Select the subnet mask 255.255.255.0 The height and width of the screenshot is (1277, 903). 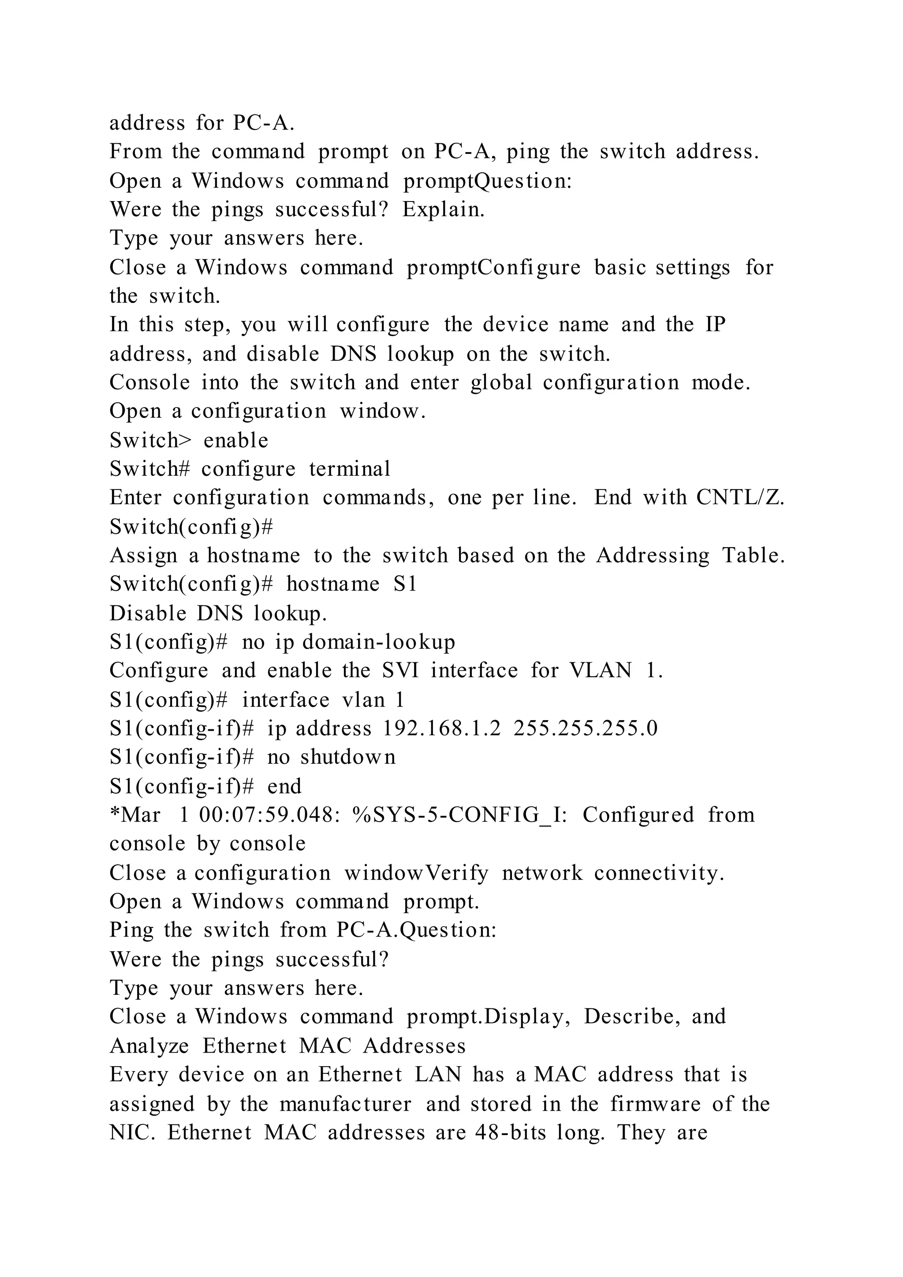(586, 728)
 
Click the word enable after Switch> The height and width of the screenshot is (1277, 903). (236, 440)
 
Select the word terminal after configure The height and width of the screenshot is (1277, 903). (350, 469)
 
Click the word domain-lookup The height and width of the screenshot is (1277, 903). (379, 642)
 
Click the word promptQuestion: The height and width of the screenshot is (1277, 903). (488, 181)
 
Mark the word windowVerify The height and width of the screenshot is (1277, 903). (416, 873)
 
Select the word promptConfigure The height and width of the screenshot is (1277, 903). (494, 268)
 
